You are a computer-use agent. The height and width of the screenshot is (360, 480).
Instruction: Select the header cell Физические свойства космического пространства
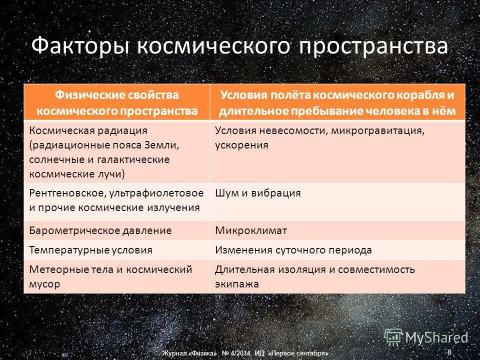click(116, 102)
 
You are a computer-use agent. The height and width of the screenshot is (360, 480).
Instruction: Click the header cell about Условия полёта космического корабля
click(338, 102)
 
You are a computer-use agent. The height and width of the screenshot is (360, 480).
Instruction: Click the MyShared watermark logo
click(425, 337)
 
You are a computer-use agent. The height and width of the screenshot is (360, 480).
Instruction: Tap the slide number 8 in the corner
click(449, 352)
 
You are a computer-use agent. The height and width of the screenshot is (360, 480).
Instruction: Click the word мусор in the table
click(44, 284)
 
